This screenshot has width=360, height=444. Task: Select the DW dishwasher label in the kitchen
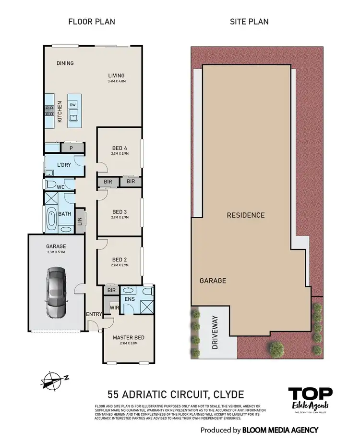pyautogui.click(x=72, y=104)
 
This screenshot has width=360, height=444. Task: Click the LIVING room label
pyautogui.click(x=116, y=75)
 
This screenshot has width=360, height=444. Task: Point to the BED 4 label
pyautogui.click(x=120, y=148)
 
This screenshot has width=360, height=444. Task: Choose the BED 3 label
pyautogui.click(x=120, y=211)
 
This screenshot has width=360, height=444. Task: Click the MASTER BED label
pyautogui.click(x=129, y=337)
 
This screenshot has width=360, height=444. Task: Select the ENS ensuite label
pyautogui.click(x=130, y=299)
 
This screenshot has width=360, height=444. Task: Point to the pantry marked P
pyautogui.click(x=71, y=148)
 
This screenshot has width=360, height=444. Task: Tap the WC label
pyautogui.click(x=60, y=186)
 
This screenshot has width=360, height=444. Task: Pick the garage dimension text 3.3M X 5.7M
pyautogui.click(x=56, y=252)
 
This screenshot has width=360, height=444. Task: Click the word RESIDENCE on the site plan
pyautogui.click(x=246, y=215)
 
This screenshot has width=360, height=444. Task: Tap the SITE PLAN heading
pyautogui.click(x=249, y=22)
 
